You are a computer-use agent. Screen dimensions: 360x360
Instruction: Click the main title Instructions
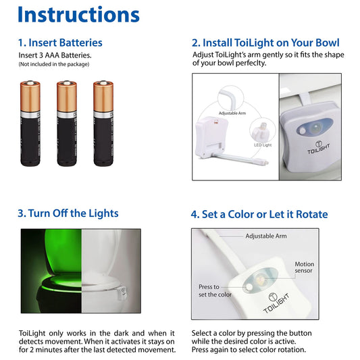(78, 14)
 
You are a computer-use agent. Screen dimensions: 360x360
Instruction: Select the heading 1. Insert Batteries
(60, 43)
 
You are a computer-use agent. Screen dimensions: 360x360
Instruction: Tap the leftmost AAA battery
(30, 124)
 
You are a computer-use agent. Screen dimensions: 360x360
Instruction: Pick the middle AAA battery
(67, 124)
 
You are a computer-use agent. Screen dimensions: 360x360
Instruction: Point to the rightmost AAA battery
(103, 124)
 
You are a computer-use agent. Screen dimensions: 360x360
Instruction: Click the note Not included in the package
(54, 64)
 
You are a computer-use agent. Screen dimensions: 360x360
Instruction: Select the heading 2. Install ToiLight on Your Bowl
(265, 43)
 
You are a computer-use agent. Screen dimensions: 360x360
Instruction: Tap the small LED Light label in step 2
(263, 145)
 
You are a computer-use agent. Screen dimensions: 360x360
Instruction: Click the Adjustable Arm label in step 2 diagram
(232, 113)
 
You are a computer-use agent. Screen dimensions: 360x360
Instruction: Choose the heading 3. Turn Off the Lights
(68, 213)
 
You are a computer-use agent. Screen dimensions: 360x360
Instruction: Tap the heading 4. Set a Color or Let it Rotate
(259, 214)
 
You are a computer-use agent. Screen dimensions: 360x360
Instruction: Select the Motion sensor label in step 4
(304, 267)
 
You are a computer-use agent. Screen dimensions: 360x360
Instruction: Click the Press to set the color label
(215, 290)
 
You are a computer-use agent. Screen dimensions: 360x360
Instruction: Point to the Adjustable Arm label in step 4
(266, 236)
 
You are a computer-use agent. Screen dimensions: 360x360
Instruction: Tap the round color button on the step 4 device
(249, 287)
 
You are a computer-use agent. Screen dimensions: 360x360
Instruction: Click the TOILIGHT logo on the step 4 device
(276, 303)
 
